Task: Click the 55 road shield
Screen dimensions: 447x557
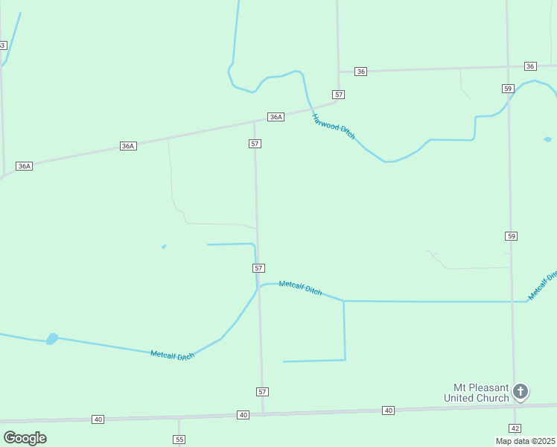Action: click(179, 440)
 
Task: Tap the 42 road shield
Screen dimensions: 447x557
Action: click(515, 428)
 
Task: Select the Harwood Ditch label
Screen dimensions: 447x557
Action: click(334, 127)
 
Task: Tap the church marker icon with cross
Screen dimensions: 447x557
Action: click(521, 391)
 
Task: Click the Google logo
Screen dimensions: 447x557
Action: click(25, 438)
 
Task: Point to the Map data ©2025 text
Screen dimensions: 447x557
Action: click(524, 441)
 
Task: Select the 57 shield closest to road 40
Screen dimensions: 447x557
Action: click(261, 391)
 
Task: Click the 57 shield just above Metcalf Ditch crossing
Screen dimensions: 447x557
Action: click(258, 267)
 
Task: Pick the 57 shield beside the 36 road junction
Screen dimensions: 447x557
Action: click(339, 95)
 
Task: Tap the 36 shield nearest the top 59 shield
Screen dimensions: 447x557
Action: click(530, 66)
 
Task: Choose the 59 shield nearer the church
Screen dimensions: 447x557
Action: click(511, 236)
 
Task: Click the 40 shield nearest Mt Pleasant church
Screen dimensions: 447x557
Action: click(388, 410)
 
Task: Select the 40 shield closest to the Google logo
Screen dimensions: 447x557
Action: click(98, 419)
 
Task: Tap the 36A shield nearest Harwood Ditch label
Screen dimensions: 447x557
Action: click(276, 117)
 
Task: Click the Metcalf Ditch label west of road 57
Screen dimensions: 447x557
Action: click(172, 355)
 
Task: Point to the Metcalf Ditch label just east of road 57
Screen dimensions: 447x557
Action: click(300, 288)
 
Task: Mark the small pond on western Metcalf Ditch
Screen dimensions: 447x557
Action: click(51, 339)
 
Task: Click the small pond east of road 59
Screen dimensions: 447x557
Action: click(548, 139)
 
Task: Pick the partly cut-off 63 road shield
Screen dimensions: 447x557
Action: click(2, 45)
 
